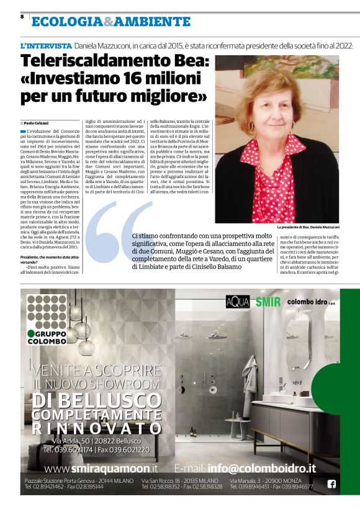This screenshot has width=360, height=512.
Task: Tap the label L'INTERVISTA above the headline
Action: tap(46, 47)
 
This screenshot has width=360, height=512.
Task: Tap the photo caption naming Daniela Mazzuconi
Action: tap(308, 228)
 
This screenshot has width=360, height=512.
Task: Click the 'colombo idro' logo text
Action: tap(312, 302)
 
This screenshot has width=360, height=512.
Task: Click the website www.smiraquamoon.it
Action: tap(101, 468)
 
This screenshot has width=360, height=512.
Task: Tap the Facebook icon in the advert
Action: tap(331, 484)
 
